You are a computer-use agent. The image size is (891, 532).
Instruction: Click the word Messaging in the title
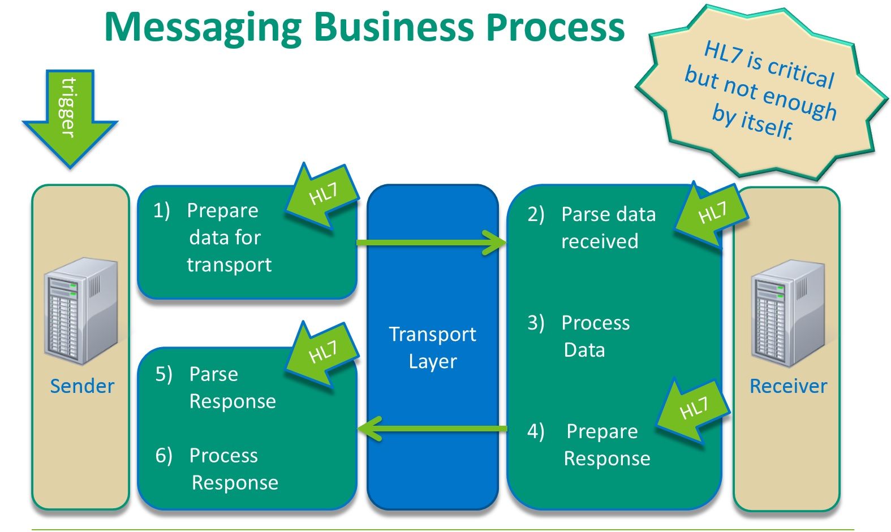coord(204,27)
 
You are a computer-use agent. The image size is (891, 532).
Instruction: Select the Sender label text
coord(82,386)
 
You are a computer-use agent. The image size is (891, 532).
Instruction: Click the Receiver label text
coord(788,386)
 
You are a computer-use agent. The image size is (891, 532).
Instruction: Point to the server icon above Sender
coord(81,310)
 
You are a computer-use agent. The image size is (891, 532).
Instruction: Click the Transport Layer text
coord(433,347)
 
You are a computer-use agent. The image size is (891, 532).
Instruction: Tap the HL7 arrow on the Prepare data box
coord(322,196)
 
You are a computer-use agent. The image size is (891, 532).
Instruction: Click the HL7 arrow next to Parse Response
coord(322,354)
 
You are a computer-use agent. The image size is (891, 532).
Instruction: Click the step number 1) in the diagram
coord(161,210)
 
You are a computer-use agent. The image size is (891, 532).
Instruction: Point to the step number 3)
coord(536,323)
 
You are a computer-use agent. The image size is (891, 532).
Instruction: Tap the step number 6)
coord(163,455)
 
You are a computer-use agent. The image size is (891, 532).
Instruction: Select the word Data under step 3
coord(584,350)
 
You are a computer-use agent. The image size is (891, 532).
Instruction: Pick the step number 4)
coord(536,431)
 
